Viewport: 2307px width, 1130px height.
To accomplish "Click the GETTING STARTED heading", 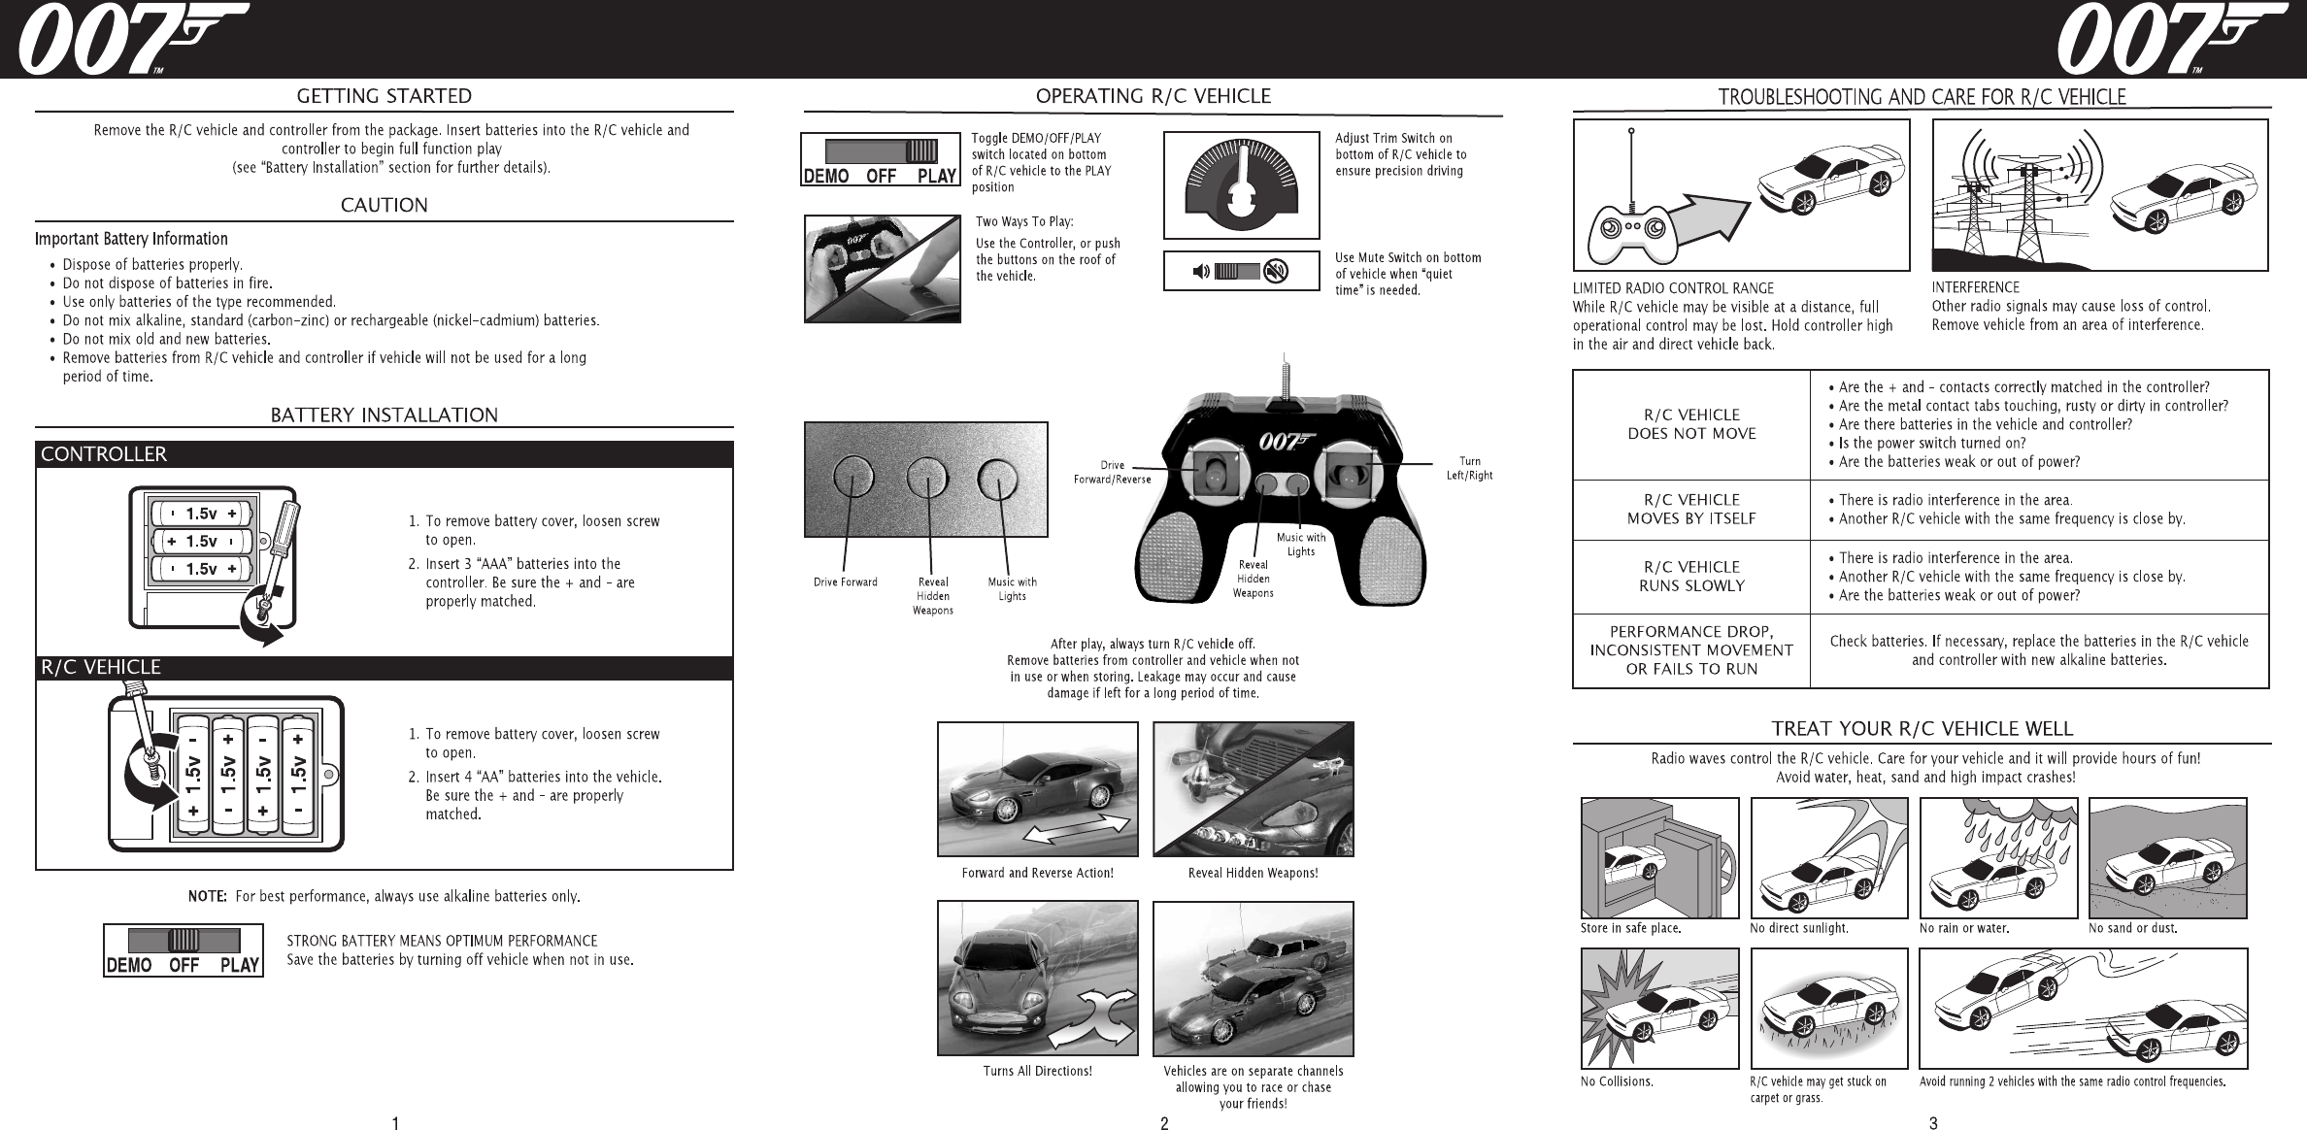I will coord(384,96).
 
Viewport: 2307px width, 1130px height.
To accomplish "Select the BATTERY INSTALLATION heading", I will coord(384,415).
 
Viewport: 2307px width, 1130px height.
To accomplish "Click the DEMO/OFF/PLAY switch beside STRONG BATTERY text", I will coord(184,949).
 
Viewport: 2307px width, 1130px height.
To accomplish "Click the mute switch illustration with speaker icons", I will coord(1241,272).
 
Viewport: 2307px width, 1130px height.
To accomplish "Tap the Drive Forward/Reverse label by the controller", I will coord(1112,472).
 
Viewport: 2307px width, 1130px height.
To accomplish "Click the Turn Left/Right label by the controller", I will coord(1469,468).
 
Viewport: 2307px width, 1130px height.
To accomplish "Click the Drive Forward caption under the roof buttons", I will coord(845,582).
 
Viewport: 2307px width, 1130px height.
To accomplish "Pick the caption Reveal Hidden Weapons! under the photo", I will coord(1253,873).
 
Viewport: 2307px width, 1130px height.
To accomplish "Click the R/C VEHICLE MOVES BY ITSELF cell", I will coord(1691,510).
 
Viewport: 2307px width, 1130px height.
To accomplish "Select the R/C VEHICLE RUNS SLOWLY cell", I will coord(1691,577).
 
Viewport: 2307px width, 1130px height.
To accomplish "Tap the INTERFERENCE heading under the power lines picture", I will coord(1975,287).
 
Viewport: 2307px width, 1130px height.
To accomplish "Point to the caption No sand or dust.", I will coord(2133,928).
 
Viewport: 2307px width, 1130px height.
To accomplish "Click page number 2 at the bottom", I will coord(1164,1124).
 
